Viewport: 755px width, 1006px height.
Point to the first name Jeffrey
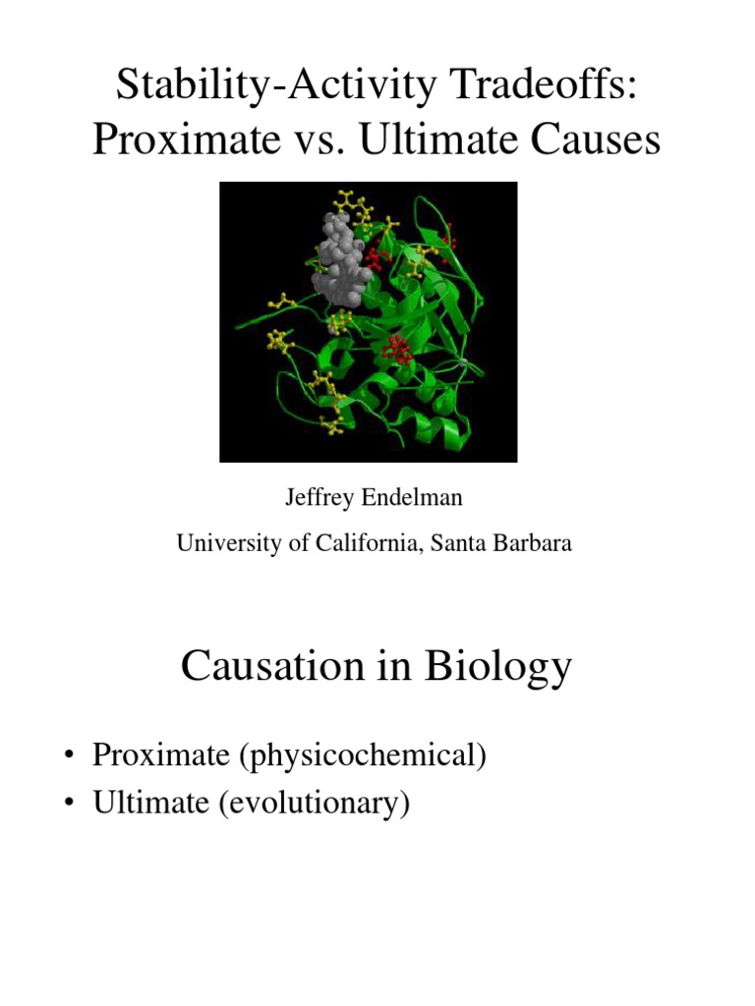(317, 499)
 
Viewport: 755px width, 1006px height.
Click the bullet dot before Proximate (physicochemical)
(70, 757)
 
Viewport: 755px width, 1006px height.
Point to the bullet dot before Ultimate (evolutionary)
(70, 804)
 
